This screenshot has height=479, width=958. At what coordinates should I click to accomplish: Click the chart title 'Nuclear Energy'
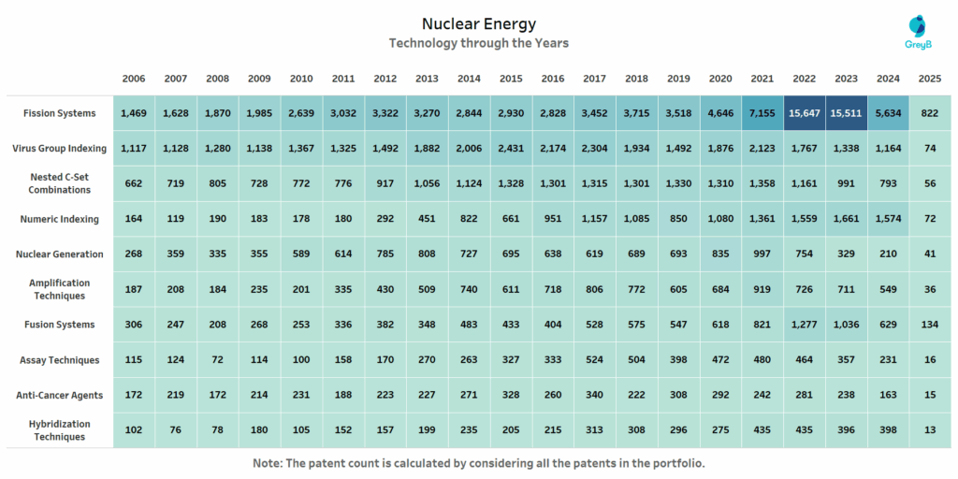click(478, 23)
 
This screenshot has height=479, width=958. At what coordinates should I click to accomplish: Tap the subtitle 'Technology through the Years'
click(478, 43)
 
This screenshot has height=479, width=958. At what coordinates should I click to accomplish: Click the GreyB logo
click(919, 33)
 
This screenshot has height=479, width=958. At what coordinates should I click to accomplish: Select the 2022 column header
click(804, 79)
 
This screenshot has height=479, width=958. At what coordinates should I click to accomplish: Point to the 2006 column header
click(135, 79)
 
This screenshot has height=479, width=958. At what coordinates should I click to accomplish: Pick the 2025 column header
click(929, 79)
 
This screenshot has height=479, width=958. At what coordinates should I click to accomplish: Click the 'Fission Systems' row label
click(60, 113)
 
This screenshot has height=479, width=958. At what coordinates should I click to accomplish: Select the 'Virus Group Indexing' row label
click(60, 148)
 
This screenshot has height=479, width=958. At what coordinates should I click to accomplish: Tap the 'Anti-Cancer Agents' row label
click(60, 395)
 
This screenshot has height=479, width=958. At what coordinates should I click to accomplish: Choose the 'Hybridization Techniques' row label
click(60, 430)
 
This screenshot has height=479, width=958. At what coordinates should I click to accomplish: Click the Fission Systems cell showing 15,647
click(804, 113)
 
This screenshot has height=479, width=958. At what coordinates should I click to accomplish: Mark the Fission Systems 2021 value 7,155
click(762, 113)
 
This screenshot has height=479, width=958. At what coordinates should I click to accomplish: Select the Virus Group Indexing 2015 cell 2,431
click(511, 148)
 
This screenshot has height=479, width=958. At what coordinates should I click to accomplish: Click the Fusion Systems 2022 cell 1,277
click(804, 325)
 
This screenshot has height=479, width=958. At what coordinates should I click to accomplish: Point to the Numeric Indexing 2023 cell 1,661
click(846, 219)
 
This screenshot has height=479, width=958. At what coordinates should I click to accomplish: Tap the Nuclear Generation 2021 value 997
click(762, 254)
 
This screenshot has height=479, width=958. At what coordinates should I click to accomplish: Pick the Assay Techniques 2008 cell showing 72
click(218, 360)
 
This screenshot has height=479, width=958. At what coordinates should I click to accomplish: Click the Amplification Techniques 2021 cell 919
click(762, 289)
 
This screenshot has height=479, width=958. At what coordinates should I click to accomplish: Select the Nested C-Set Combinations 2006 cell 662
click(135, 183)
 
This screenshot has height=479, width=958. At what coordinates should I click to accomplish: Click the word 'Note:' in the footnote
click(269, 463)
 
